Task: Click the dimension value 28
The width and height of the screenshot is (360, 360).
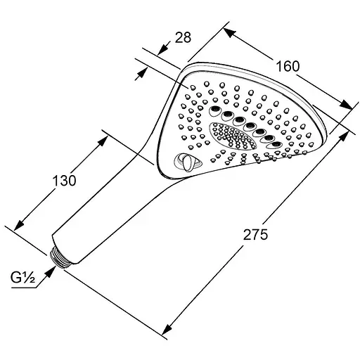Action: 183,37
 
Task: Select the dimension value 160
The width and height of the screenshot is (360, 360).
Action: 288,66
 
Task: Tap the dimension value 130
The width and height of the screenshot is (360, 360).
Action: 64,181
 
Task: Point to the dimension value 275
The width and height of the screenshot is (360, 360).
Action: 255,235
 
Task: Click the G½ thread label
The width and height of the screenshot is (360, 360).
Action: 22,278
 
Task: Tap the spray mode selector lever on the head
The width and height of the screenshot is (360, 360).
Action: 187,162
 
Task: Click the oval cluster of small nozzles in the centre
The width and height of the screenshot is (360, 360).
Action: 233,136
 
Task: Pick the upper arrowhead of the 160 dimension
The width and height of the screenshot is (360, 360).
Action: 229,32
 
